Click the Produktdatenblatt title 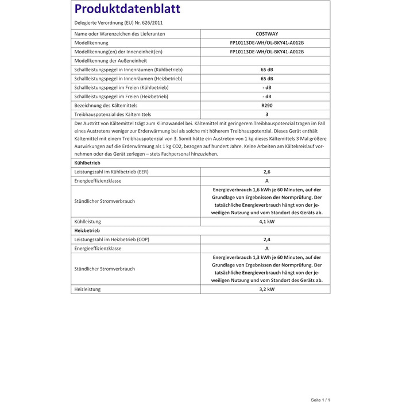[x=127, y=9]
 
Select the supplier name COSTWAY [x=266, y=34]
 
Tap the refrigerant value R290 [x=266, y=105]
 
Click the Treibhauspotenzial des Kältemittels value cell [x=266, y=114]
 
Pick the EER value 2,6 [x=266, y=172]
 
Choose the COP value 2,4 [x=266, y=239]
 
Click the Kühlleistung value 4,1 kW [x=266, y=221]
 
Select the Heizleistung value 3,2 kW [x=266, y=289]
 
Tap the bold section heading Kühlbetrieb [x=87, y=163]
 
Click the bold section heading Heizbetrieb [x=87, y=230]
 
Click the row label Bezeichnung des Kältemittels [x=106, y=106]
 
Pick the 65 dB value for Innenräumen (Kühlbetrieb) [x=266, y=69]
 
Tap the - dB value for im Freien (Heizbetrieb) [x=266, y=96]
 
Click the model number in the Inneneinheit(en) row [x=266, y=52]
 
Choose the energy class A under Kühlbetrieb [x=266, y=181]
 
